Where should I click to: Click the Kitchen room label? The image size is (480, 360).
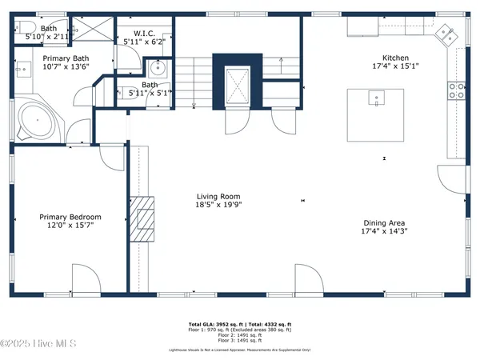[395, 58]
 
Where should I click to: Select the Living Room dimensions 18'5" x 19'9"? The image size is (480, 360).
[218, 205]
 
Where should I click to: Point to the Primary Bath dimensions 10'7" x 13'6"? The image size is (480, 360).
[66, 66]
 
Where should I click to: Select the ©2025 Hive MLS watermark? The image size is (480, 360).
[38, 344]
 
